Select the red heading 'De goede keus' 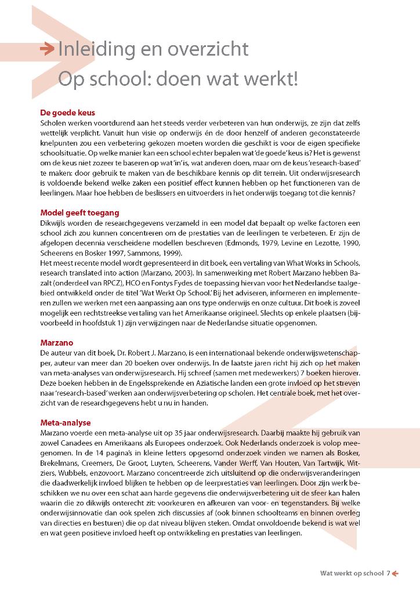pyautogui.click(x=67, y=113)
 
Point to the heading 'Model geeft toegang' pyautogui.click(x=79, y=212)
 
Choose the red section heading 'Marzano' pyautogui.click(x=57, y=342)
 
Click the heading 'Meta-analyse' pyautogui.click(x=66, y=423)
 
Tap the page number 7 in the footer pyautogui.click(x=389, y=574)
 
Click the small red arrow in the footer pyautogui.click(x=396, y=574)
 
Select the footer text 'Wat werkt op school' pyautogui.click(x=352, y=574)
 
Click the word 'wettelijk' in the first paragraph pyautogui.click(x=57, y=133)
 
